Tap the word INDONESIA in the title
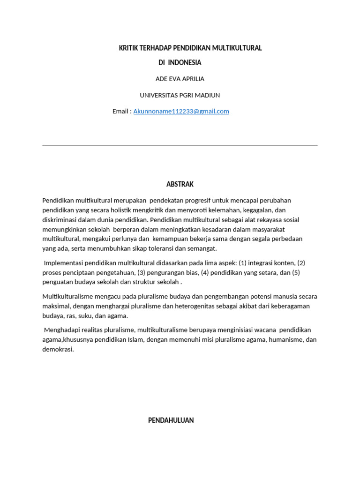coord(185,62)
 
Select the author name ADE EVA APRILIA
coord(180,79)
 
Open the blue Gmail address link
coord(181,111)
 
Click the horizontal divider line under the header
coord(180,145)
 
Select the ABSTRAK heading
coord(180,184)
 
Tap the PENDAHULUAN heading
coord(171,420)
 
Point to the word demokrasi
coord(58,349)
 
